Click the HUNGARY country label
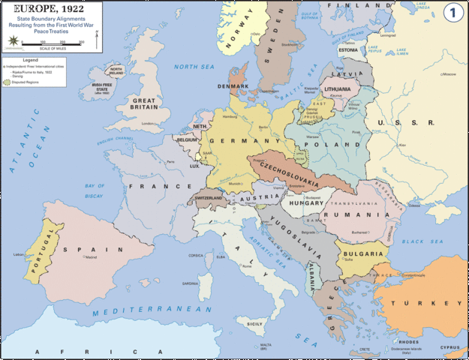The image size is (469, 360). [303, 202]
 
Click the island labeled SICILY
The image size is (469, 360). [256, 322]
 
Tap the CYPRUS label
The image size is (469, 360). [449, 347]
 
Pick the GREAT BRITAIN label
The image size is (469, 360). [143, 103]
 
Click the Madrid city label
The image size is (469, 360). [90, 257]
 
